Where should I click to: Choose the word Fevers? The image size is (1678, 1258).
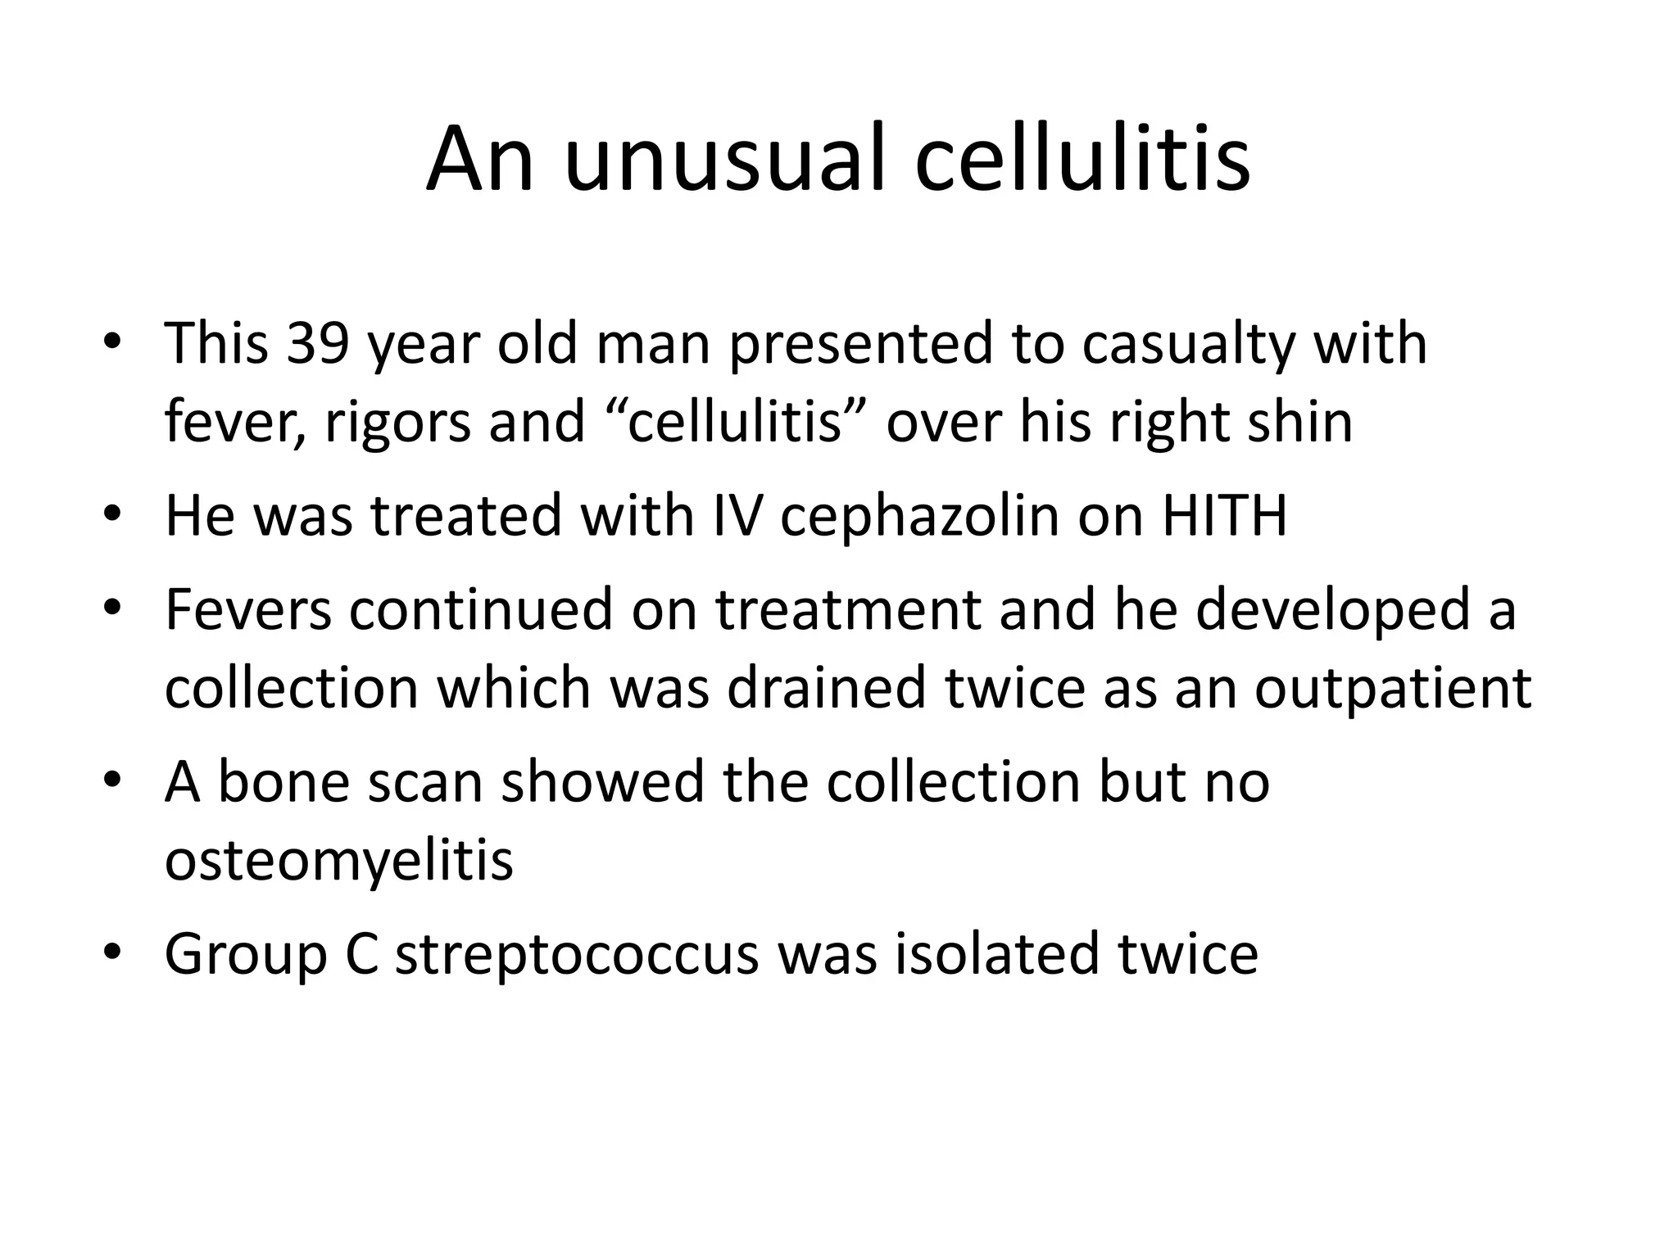click(x=248, y=609)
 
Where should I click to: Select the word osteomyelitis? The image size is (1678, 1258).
click(x=339, y=862)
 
